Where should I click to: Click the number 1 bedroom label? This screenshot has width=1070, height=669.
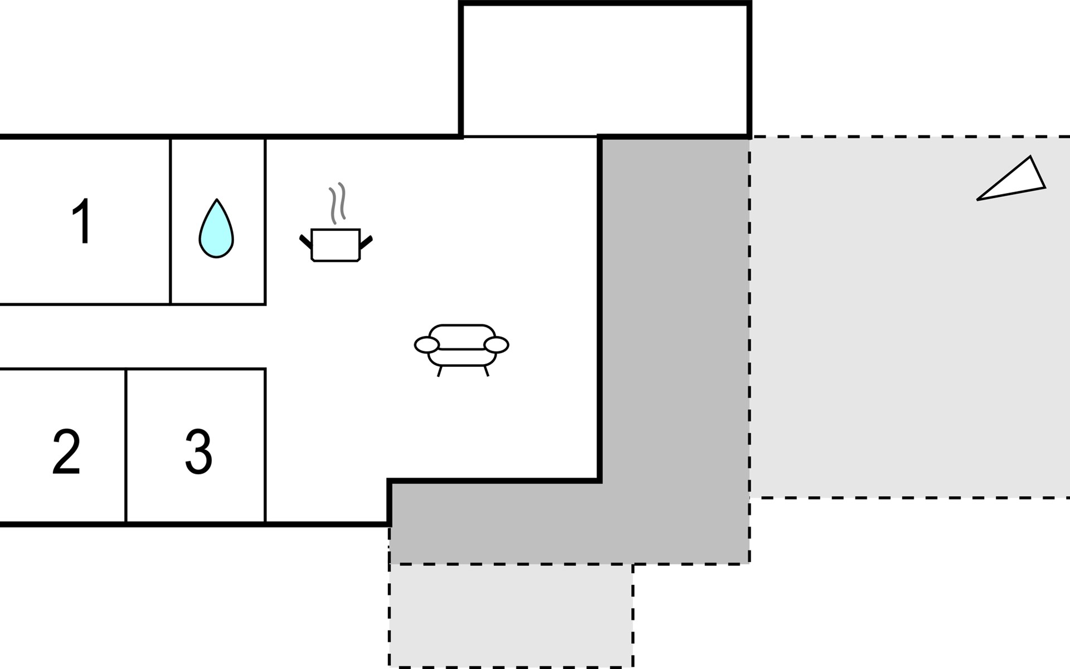pyautogui.click(x=83, y=221)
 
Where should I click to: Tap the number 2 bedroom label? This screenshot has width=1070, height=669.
pyautogui.click(x=66, y=452)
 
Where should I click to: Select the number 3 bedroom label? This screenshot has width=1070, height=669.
pyautogui.click(x=198, y=452)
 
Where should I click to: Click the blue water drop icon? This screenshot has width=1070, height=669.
pyautogui.click(x=216, y=229)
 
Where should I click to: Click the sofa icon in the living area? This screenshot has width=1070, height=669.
pyautogui.click(x=461, y=350)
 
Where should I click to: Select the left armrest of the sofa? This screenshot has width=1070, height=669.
pyautogui.click(x=427, y=345)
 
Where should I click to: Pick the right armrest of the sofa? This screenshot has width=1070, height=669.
pyautogui.click(x=497, y=345)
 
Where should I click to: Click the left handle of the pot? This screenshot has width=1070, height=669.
pyautogui.click(x=306, y=242)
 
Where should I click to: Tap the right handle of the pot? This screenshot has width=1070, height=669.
pyautogui.click(x=366, y=242)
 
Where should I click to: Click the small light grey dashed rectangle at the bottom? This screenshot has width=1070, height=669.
pyautogui.click(x=511, y=615)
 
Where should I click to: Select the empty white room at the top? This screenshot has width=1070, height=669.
pyautogui.click(x=605, y=70)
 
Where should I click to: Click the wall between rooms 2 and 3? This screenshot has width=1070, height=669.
pyautogui.click(x=127, y=445)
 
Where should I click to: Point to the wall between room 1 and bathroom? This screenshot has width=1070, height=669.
pyautogui.click(x=171, y=221)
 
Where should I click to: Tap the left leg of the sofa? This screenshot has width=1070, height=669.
pyautogui.click(x=440, y=371)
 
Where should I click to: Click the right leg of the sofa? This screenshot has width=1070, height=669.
pyautogui.click(x=487, y=371)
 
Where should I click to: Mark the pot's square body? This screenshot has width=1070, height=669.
pyautogui.click(x=335, y=245)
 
